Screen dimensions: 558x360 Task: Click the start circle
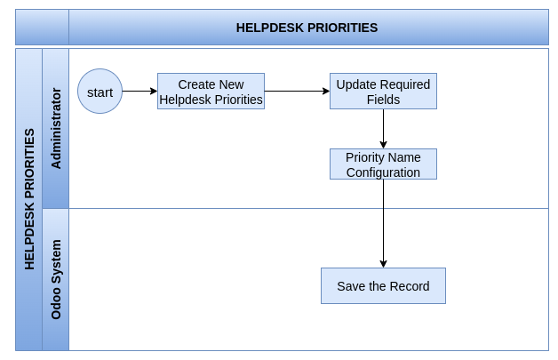click(x=100, y=92)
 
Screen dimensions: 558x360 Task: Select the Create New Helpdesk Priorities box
click(x=211, y=92)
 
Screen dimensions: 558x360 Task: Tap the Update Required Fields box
click(x=383, y=92)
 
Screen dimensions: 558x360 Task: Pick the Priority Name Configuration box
click(x=383, y=164)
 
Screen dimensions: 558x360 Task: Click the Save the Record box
click(x=383, y=286)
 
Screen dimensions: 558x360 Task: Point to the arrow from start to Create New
click(x=139, y=92)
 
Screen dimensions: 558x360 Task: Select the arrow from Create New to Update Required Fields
click(x=297, y=92)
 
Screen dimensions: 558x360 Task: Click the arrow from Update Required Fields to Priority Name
click(x=383, y=129)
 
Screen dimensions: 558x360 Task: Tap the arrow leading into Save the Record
click(x=383, y=224)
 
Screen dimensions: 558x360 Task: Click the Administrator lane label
click(x=56, y=128)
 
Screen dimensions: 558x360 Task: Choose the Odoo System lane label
click(x=56, y=279)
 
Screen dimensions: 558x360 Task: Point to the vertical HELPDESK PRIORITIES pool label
click(x=29, y=199)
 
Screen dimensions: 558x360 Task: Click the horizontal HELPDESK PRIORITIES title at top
click(x=307, y=28)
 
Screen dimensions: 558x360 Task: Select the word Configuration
click(x=383, y=172)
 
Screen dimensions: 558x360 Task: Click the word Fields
click(x=383, y=100)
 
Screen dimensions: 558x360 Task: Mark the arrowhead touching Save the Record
click(x=383, y=264)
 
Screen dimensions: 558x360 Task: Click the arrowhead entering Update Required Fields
click(x=326, y=92)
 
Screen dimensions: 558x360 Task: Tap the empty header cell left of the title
click(x=42, y=27)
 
